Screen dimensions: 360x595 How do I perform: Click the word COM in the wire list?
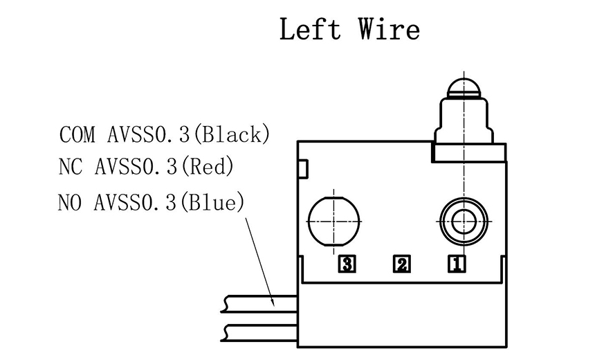click(x=77, y=134)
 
